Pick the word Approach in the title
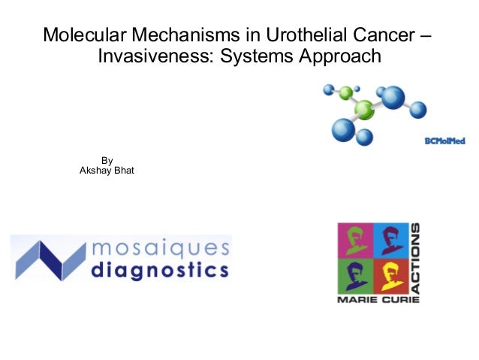click(339, 56)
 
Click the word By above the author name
click(107, 160)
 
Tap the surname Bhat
click(124, 171)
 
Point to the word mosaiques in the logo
click(159, 248)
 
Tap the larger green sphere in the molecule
click(365, 110)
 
